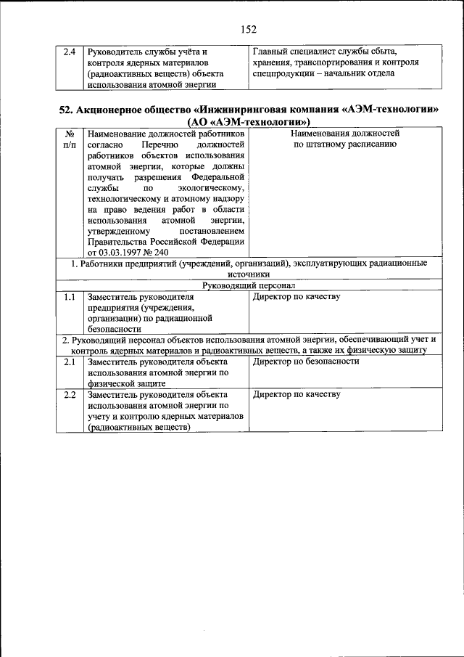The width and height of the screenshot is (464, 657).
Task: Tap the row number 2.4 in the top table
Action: [x=70, y=52]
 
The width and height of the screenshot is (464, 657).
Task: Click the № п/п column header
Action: [x=70, y=139]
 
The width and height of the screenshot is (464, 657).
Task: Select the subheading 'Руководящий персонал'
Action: [x=249, y=286]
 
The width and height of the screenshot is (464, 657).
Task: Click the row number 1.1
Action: [x=70, y=297]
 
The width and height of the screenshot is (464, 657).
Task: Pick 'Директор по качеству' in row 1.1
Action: [x=296, y=297]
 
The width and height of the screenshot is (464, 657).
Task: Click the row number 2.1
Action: [x=70, y=362]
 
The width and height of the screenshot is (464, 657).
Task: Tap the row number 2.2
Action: [x=70, y=395]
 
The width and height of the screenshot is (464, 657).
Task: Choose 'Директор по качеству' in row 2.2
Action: [x=296, y=395]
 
